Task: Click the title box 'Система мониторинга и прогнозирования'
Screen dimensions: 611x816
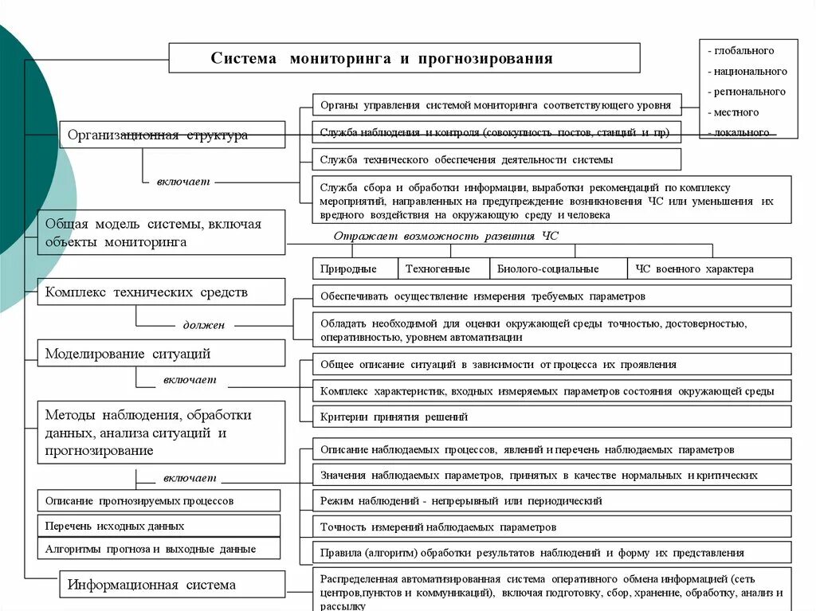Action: (403, 58)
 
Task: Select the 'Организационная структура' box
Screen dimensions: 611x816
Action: (172, 135)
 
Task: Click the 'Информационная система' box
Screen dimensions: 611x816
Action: (172, 584)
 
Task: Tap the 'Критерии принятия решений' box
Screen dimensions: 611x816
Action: (551, 417)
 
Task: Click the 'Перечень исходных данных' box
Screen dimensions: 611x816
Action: (159, 526)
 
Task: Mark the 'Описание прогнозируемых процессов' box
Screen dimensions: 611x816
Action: (159, 500)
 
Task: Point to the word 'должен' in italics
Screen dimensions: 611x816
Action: (204, 325)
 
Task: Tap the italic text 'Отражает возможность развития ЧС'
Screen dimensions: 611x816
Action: (446, 237)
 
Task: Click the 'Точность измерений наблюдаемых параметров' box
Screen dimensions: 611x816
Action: (551, 527)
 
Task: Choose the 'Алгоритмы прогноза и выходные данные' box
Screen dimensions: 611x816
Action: (159, 549)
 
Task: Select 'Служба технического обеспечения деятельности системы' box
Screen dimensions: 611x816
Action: (496, 159)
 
